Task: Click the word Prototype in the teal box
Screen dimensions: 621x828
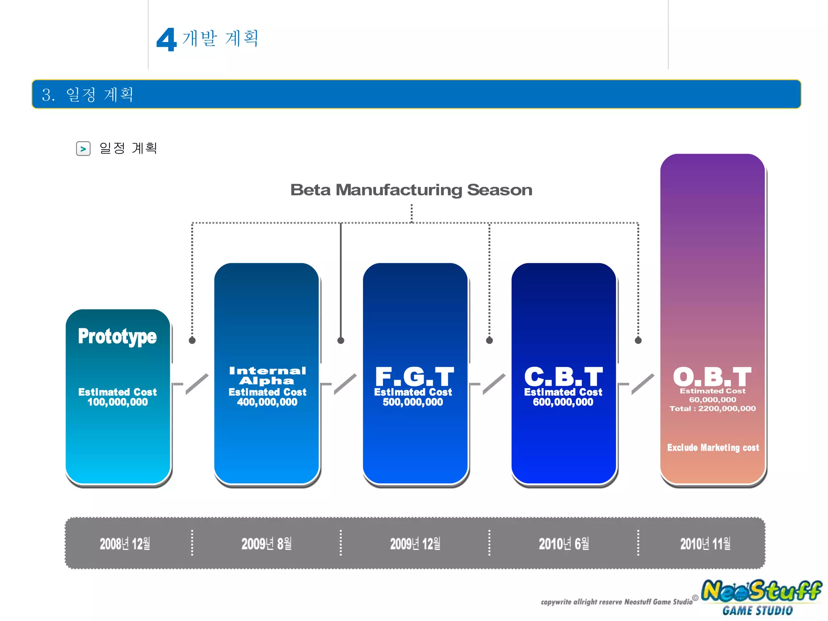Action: (117, 336)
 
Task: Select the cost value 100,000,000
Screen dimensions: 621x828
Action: (118, 402)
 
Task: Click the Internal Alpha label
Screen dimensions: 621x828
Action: (267, 376)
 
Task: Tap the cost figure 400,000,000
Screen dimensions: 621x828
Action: (267, 402)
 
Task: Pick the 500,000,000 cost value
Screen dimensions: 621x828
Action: (413, 402)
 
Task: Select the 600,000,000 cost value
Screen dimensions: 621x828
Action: (563, 402)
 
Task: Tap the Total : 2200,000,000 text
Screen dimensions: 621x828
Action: (712, 409)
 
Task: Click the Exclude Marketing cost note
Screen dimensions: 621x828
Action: (713, 448)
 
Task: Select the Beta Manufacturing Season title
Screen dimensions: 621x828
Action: (411, 190)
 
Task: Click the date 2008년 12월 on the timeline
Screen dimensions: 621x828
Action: (125, 544)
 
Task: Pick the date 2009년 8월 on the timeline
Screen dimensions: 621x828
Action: (266, 544)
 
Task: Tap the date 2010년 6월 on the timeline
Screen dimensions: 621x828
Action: (564, 544)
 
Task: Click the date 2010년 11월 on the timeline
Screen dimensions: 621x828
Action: (705, 544)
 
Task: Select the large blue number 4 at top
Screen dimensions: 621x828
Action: (167, 40)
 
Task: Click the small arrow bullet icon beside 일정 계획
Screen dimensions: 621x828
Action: (83, 149)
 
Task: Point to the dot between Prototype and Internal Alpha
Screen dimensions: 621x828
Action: (192, 340)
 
